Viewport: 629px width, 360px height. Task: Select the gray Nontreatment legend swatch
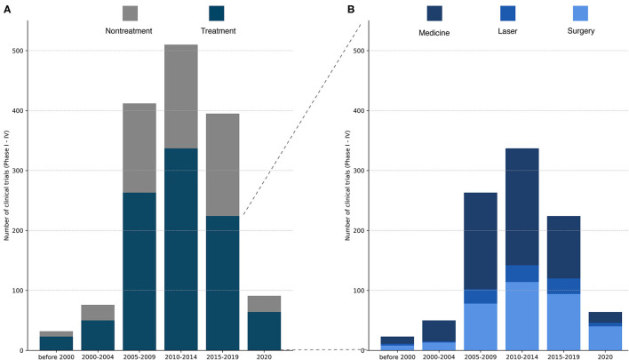(131, 12)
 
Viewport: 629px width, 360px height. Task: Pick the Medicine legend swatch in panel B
(434, 12)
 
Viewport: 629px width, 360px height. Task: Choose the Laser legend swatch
(507, 12)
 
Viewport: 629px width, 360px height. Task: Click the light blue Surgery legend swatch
(580, 12)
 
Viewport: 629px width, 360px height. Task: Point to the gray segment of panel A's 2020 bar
(265, 304)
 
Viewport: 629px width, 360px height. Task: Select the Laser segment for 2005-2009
(481, 297)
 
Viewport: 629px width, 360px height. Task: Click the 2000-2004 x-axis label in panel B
(439, 357)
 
